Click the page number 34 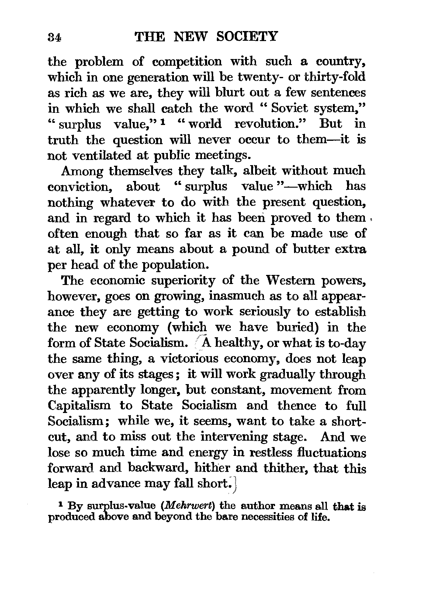pyautogui.click(x=55, y=37)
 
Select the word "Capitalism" pyautogui.click(x=79, y=406)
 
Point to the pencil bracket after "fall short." pyautogui.click(x=236, y=484)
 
